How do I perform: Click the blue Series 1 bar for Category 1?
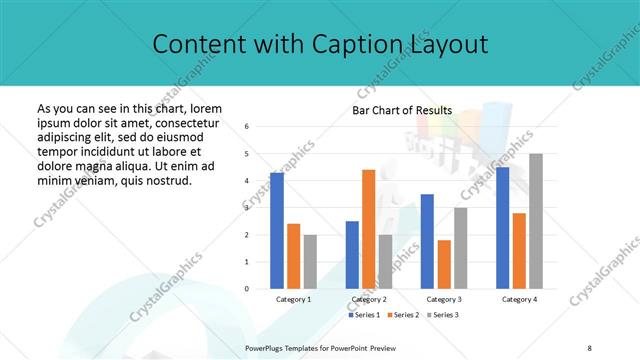277,231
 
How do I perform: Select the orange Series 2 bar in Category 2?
368,229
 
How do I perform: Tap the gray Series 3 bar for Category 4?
536,221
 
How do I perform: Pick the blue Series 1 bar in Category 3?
427,241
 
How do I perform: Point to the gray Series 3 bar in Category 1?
311,262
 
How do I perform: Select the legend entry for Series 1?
364,315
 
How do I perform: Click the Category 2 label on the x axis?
369,299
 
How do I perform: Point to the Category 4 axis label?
519,299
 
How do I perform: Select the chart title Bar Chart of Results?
402,110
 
